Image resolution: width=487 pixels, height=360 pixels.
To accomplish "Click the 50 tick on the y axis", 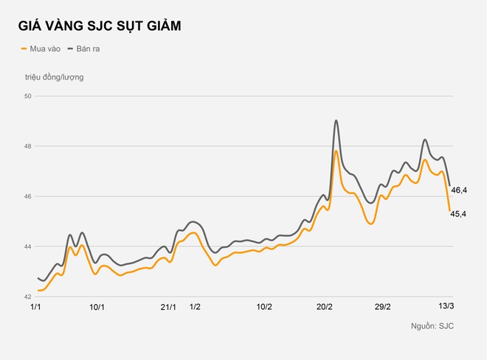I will coord(27,96).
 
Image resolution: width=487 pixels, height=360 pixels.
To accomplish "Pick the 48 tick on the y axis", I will coord(27,146).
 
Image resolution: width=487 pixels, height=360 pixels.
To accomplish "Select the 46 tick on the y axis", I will coord(27,196).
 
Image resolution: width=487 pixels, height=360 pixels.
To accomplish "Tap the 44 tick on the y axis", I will coord(27,246).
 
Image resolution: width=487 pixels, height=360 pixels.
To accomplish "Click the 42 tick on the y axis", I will coord(27,297).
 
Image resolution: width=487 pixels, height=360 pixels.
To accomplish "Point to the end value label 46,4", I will coord(459,190).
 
